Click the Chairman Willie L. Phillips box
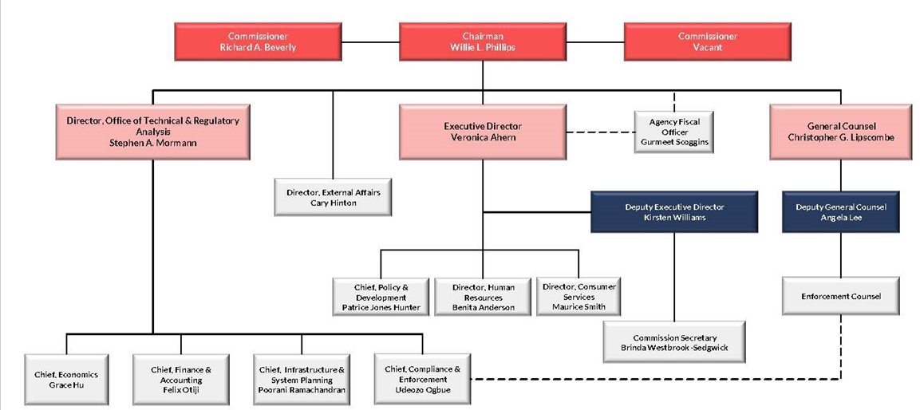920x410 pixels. coord(482,42)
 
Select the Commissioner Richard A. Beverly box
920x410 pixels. coord(258,42)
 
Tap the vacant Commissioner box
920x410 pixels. coord(707,42)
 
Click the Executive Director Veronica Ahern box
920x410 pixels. coord(482,132)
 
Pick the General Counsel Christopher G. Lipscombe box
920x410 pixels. coord(839,132)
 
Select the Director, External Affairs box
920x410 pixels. coord(333,198)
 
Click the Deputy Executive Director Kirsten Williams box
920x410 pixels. coord(674,212)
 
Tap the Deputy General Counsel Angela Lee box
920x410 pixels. coord(840,212)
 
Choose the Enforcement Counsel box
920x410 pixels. coord(840,296)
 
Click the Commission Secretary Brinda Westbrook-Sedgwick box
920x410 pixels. coord(674,343)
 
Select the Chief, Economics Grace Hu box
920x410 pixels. coord(65,380)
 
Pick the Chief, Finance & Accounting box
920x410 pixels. coord(181,380)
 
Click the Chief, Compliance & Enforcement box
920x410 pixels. coord(422,380)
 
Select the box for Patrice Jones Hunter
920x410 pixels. coord(381,296)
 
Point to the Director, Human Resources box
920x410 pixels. coord(482,296)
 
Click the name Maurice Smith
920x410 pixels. coord(578,306)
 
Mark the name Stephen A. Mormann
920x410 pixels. coord(152,142)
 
